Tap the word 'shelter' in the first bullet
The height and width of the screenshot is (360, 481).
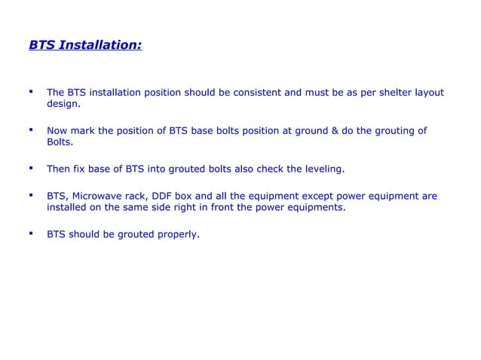(385, 93)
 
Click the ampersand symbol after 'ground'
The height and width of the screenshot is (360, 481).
(334, 130)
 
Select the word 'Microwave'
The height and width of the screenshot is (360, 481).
(105, 196)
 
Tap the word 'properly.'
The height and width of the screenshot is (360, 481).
(179, 234)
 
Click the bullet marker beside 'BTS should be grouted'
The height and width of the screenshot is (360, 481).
(31, 233)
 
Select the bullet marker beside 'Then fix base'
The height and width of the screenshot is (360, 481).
(31, 168)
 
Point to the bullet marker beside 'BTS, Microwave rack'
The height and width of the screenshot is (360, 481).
(31, 194)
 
